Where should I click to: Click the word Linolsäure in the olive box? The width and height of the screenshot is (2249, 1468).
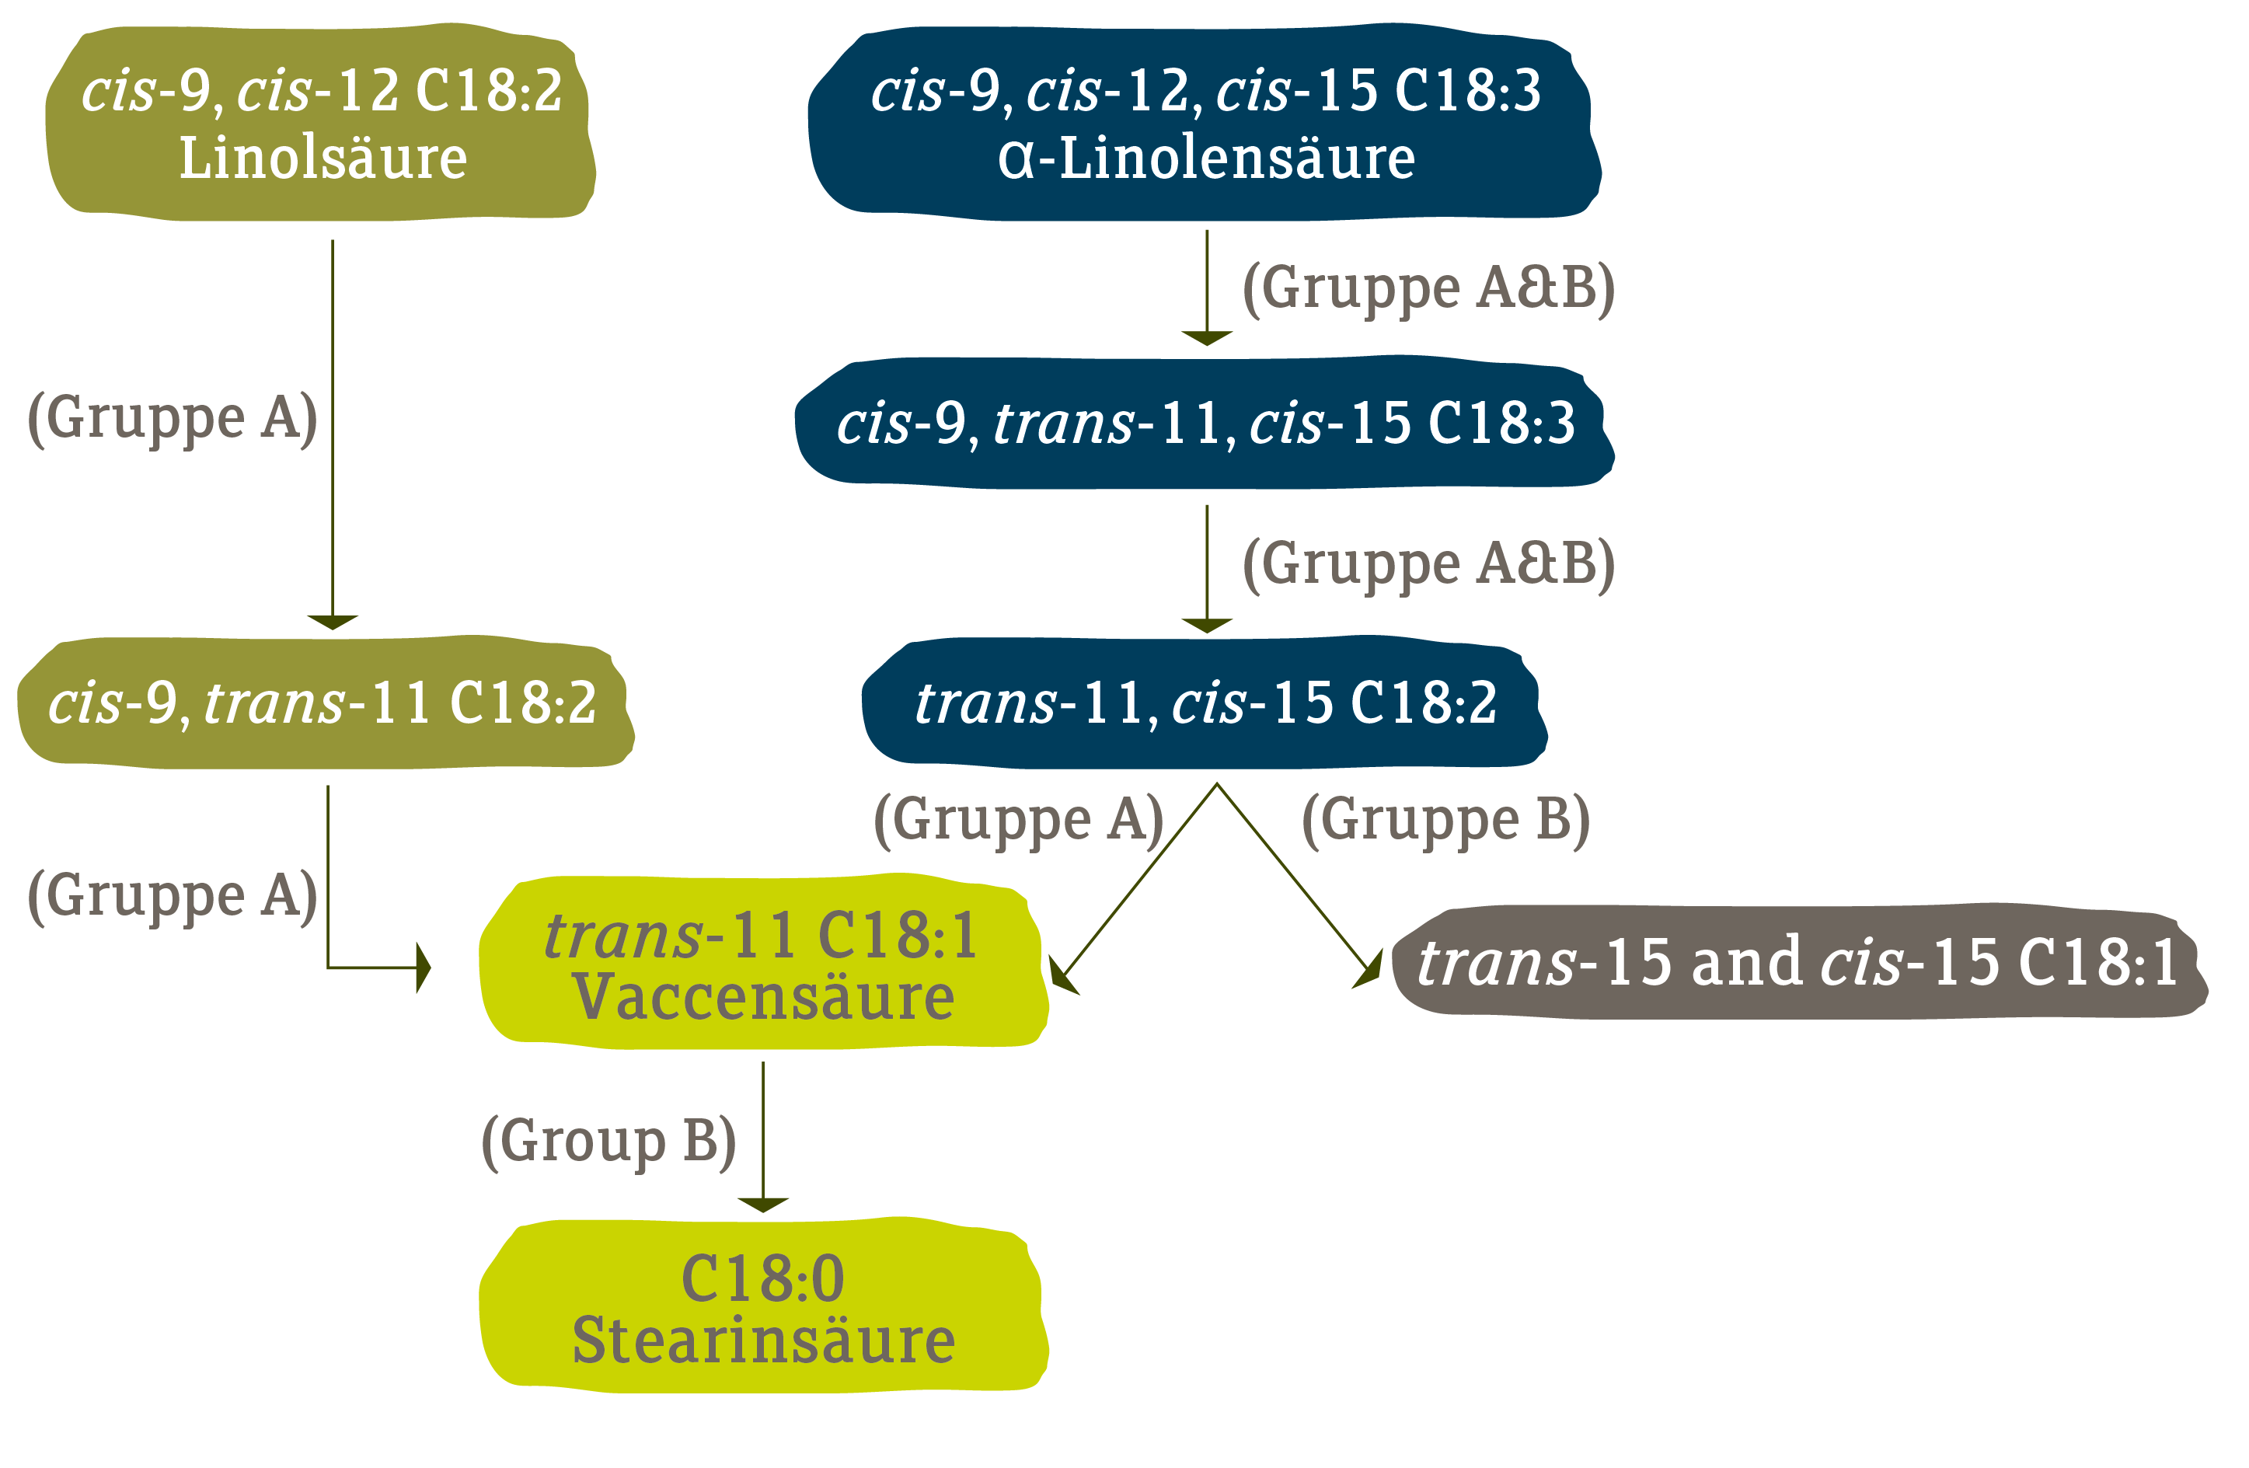323,158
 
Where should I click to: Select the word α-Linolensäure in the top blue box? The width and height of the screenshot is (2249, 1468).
1207,158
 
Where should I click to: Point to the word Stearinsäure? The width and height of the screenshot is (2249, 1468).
764,1341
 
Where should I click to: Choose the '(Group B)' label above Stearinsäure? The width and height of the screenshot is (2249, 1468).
608,1142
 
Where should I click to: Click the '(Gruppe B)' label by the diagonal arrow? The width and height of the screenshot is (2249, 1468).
1445,820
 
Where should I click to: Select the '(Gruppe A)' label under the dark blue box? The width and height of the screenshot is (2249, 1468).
1019,820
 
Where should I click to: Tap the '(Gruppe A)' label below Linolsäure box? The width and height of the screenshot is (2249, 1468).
172,418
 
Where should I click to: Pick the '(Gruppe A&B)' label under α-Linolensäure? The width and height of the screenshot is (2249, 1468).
1428,288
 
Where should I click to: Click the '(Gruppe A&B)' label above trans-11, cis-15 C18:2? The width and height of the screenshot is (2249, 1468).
1428,563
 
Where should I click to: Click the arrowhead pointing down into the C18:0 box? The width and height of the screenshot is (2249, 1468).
762,1205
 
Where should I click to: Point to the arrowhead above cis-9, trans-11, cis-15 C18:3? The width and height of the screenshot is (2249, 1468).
1207,337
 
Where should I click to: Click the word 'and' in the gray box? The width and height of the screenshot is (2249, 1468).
1745,961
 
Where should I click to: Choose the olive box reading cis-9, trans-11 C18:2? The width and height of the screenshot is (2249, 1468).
323,703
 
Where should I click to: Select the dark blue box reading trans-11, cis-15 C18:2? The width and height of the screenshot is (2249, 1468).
1205,703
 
